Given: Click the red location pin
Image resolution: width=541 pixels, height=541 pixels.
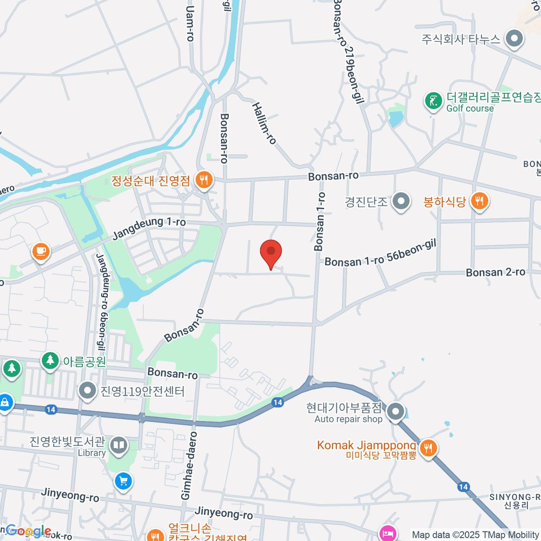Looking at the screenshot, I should pyautogui.click(x=271, y=252).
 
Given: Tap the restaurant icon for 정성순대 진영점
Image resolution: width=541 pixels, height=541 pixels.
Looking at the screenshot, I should pyautogui.click(x=204, y=180).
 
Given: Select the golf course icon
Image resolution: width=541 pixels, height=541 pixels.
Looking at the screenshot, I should pyautogui.click(x=434, y=101).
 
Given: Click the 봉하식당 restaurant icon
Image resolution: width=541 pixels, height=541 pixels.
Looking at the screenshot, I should pyautogui.click(x=479, y=201).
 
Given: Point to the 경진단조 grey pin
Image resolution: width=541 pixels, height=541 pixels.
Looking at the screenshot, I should pyautogui.click(x=401, y=201).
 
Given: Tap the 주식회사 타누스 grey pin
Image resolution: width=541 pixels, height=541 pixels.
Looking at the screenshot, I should pyautogui.click(x=514, y=39).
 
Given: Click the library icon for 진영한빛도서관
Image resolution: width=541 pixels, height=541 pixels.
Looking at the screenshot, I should pyautogui.click(x=119, y=445).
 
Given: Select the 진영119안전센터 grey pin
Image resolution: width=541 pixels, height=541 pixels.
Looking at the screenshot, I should pyautogui.click(x=87, y=390).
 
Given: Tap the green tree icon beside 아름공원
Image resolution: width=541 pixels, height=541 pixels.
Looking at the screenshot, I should pyautogui.click(x=50, y=360).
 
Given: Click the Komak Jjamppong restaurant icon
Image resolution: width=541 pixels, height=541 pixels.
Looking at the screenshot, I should pyautogui.click(x=428, y=448).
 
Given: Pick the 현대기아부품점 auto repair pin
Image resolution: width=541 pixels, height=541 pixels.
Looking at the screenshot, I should pyautogui.click(x=396, y=411).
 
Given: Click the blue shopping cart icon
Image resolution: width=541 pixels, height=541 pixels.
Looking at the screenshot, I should pyautogui.click(x=123, y=481).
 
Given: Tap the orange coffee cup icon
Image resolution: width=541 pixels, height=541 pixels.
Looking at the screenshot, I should pyautogui.click(x=41, y=251).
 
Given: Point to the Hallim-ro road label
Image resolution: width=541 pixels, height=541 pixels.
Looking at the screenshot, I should pyautogui.click(x=264, y=124).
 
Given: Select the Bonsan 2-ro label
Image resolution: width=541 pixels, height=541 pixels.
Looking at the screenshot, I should pyautogui.click(x=495, y=272).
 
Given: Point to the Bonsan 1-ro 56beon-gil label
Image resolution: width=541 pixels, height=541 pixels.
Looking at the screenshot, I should pyautogui.click(x=381, y=254).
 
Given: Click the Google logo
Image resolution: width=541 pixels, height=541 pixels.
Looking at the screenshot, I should pyautogui.click(x=28, y=531).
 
